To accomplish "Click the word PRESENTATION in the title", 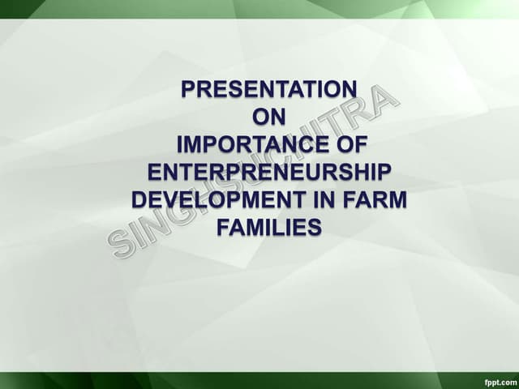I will (x=268, y=88).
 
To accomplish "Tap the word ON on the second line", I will (x=269, y=117).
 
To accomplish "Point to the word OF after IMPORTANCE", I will (x=350, y=145).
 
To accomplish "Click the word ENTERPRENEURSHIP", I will (x=269, y=173).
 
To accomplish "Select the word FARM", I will (x=376, y=200).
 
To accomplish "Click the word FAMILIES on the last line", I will (x=269, y=229).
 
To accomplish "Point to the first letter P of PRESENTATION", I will (x=188, y=88).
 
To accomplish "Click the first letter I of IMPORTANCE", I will (x=180, y=145).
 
